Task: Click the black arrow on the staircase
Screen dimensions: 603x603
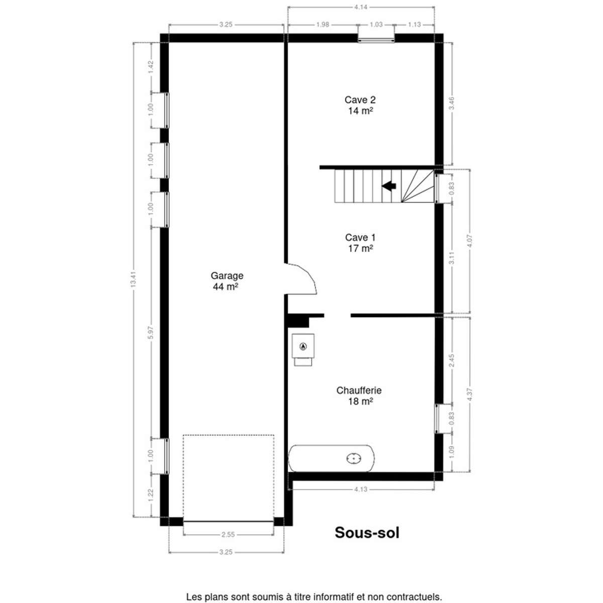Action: click(x=388, y=186)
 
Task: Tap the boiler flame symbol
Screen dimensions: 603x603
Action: click(x=303, y=346)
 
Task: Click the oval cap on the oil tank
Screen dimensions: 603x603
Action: click(x=354, y=458)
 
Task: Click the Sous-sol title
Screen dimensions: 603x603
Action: click(x=367, y=532)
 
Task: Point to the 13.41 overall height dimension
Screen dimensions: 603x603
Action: click(x=134, y=279)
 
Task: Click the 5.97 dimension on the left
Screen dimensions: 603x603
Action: click(x=151, y=333)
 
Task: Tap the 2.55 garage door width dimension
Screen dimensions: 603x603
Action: click(x=228, y=535)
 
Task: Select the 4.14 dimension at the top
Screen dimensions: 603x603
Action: click(x=361, y=7)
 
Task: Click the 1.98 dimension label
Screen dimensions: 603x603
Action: click(x=323, y=25)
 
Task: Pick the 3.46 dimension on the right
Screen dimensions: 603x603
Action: click(x=452, y=104)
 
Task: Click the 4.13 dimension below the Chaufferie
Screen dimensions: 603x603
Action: click(x=361, y=489)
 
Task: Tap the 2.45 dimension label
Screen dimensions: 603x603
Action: click(x=452, y=361)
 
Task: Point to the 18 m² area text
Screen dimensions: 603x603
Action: click(x=360, y=401)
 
